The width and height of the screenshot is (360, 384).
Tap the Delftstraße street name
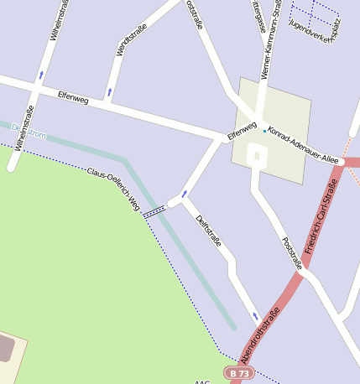click(208, 231)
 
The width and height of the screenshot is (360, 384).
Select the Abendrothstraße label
click(260, 335)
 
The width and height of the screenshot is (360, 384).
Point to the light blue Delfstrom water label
click(29, 132)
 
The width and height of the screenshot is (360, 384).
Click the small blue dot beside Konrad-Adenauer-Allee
click(264, 131)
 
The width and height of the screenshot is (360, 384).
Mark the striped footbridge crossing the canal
click(154, 212)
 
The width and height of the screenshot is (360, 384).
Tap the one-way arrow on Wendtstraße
click(110, 91)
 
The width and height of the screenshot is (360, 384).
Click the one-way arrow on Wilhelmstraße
click(41, 75)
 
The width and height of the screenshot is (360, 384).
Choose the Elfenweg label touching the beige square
click(242, 132)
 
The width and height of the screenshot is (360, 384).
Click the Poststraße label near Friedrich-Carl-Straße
click(292, 253)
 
